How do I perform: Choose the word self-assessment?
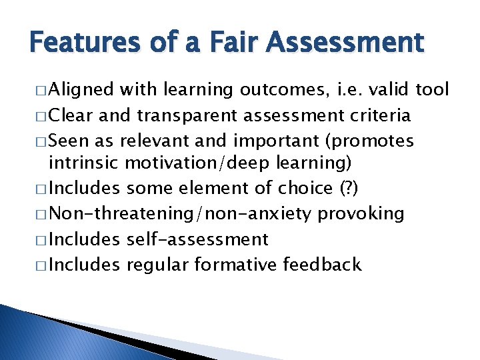point(197,239)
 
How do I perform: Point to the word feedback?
point(322,265)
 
